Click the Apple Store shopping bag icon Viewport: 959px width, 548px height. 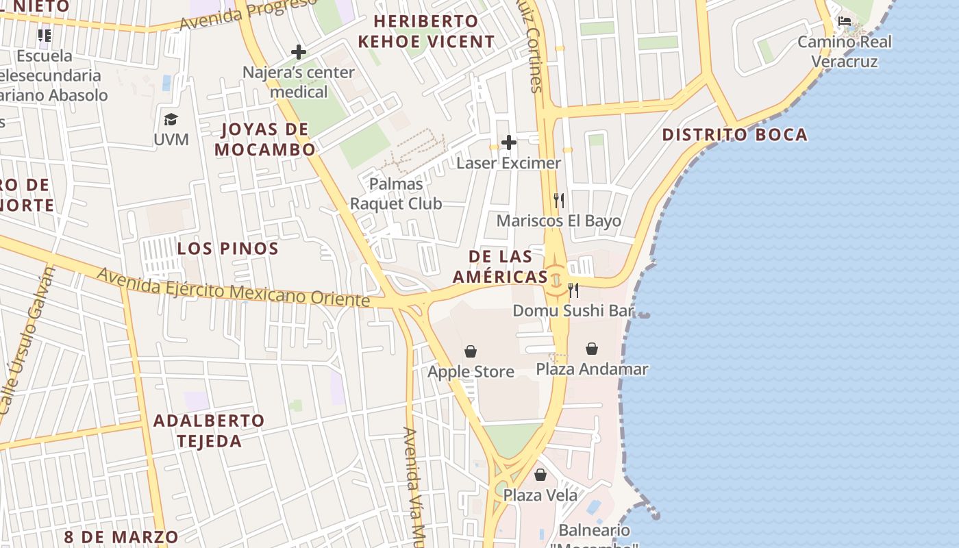471,352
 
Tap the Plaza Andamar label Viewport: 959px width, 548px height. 591,369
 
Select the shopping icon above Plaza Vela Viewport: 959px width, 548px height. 540,475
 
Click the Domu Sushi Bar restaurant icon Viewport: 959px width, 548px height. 573,290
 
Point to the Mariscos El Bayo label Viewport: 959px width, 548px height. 558,221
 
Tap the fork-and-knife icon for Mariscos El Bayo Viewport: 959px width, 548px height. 559,201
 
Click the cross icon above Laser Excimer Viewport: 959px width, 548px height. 508,142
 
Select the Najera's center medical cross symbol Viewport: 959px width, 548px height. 299,51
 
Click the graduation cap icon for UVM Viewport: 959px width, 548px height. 171,120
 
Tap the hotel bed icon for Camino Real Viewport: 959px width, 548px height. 845,21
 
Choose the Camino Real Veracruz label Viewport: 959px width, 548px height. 844,51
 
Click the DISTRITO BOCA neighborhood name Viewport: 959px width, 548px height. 734,134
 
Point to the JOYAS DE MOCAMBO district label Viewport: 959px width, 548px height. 265,139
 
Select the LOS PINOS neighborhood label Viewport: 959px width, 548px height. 228,249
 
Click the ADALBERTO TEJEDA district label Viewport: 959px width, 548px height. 209,430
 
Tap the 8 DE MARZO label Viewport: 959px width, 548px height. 121,536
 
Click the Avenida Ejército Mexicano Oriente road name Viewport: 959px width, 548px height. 233,288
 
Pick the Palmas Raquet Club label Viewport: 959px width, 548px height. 396,194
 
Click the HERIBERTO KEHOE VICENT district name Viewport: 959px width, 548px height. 425,31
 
